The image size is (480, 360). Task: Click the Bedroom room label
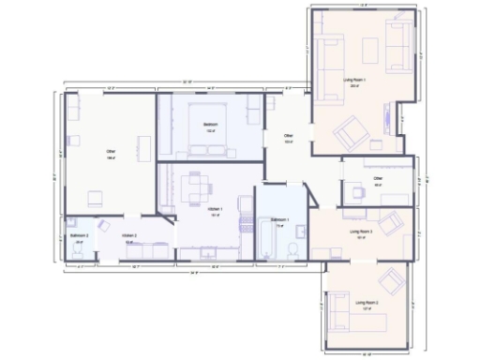(x=211, y=125)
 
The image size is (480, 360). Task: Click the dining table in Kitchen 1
(x=194, y=187)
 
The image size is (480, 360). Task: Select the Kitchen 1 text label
(x=214, y=209)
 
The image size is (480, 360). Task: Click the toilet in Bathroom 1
(x=293, y=248)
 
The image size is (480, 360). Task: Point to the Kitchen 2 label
(x=129, y=235)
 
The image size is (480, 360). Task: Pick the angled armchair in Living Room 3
(x=394, y=223)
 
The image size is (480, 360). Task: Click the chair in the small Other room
(x=357, y=191)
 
